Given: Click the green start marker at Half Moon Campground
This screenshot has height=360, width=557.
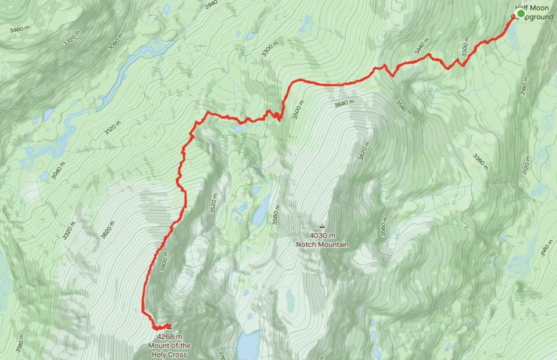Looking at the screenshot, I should pos(520,13).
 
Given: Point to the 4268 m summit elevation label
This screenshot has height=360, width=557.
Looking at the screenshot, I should pos(169,336).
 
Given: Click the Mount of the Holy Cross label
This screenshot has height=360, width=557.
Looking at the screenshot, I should pos(168,350).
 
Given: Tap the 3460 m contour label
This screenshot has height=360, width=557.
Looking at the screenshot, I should pos(19,27).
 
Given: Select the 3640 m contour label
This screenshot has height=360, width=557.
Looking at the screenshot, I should pos(344,105).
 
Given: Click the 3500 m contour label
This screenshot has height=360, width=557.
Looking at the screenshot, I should pos(296,109).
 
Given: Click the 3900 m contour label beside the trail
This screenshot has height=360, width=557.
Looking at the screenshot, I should pos(164,260).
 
